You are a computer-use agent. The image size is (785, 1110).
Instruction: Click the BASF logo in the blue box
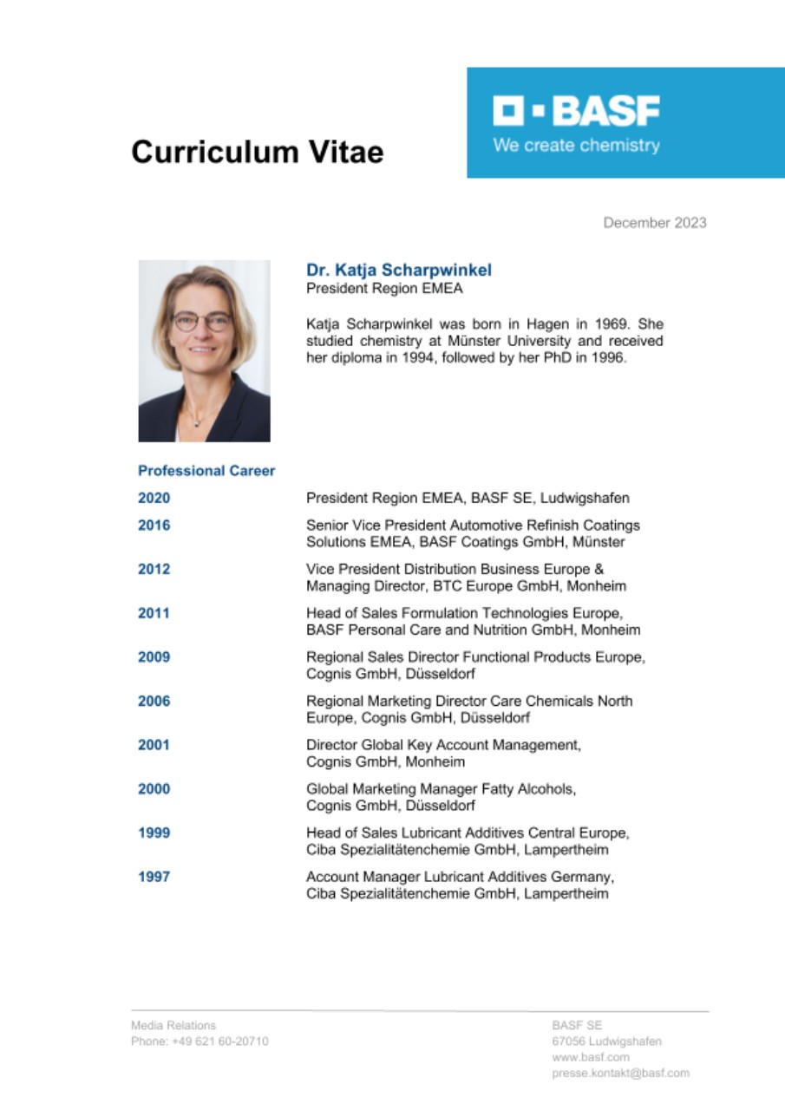tap(576, 111)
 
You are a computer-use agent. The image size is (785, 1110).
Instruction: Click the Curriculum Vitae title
tap(257, 152)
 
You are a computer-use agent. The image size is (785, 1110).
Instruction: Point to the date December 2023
tap(655, 223)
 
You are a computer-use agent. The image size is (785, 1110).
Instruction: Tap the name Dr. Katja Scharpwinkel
tap(399, 271)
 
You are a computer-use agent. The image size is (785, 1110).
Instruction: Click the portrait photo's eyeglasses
tap(202, 322)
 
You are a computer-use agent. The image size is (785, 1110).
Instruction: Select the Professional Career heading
tap(206, 471)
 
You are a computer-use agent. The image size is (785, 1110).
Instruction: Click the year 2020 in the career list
tap(154, 498)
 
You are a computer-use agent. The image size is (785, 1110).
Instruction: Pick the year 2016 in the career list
tap(154, 525)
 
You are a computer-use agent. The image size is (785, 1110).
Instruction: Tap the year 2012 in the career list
tap(154, 569)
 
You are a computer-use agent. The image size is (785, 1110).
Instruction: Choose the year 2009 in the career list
tap(154, 656)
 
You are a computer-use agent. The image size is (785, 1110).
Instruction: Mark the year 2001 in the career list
tap(154, 744)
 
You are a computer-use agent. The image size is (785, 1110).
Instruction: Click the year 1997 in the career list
tap(154, 877)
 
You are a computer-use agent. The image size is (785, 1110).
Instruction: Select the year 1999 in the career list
tap(154, 832)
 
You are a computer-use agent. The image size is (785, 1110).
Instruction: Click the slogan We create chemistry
tap(576, 146)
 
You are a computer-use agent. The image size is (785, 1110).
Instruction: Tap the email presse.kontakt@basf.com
tap(620, 1073)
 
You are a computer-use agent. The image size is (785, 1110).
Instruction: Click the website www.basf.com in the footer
tap(591, 1057)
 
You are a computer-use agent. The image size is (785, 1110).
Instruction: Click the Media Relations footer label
tap(173, 1025)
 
